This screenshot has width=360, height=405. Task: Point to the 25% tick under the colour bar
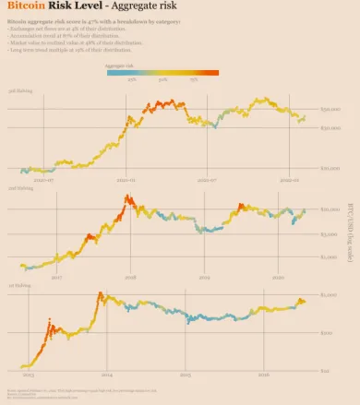[x=132, y=80]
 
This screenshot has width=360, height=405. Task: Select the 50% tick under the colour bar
[x=162, y=80]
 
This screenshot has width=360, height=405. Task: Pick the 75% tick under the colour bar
[x=194, y=80]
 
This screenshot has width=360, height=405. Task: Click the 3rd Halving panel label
[x=20, y=93]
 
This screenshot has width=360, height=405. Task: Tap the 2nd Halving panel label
[x=20, y=188]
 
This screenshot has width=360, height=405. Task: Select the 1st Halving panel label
[x=19, y=285]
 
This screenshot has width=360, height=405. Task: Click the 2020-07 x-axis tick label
[x=43, y=181]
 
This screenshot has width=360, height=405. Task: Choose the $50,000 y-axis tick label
[x=331, y=110]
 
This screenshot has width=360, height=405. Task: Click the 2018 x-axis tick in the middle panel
[x=130, y=276]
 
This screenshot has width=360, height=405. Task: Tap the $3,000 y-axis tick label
[x=330, y=234]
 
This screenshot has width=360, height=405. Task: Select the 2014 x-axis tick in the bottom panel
[x=107, y=375]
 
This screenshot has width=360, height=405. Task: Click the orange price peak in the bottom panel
[x=99, y=294]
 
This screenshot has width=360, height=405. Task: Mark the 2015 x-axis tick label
[x=186, y=375]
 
